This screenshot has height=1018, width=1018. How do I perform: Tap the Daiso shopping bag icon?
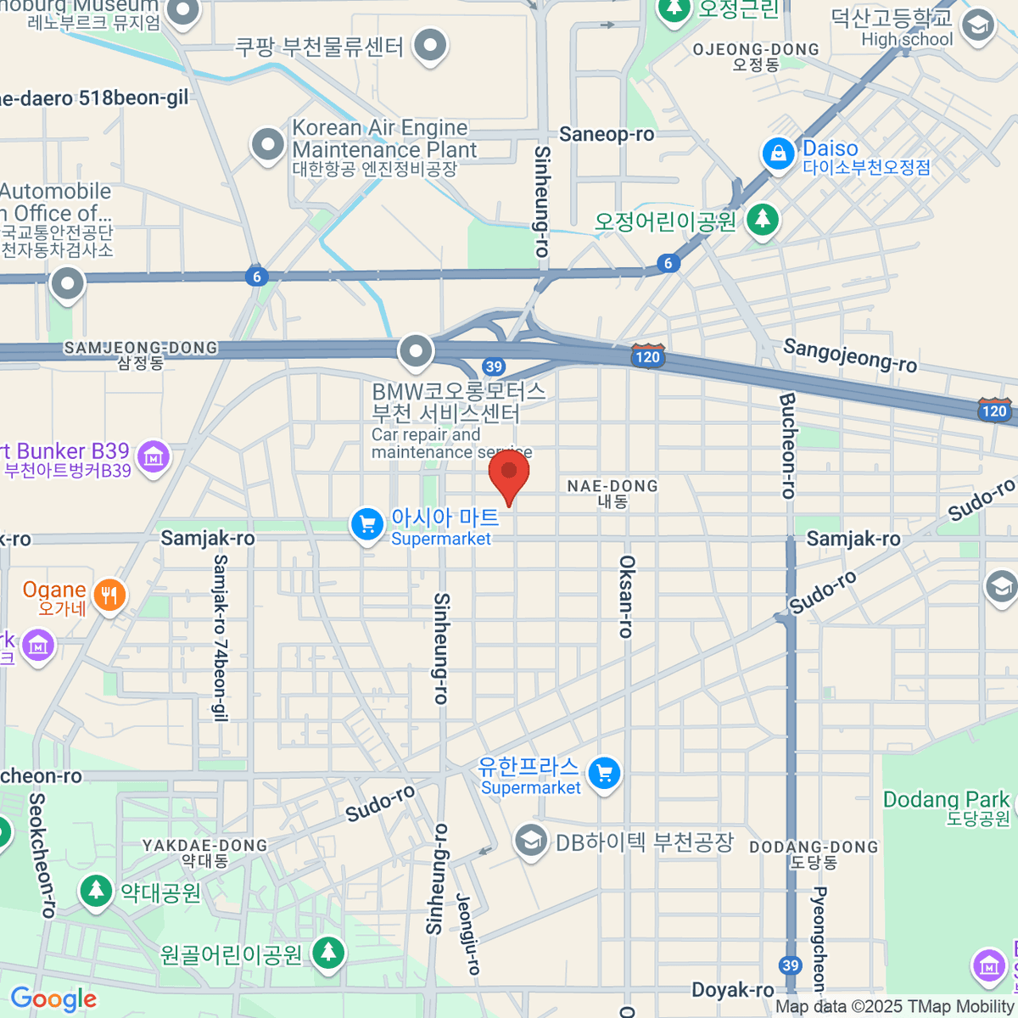(x=777, y=154)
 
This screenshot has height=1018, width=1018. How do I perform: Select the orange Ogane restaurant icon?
(x=109, y=595)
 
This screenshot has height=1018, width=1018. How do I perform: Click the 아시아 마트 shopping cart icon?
(x=366, y=524)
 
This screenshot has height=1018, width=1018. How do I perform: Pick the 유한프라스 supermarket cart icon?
(x=605, y=773)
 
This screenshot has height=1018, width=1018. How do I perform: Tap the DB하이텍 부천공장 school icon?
(x=530, y=842)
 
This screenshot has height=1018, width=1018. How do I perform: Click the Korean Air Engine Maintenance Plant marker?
(x=268, y=144)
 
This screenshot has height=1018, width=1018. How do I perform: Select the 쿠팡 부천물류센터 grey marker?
(x=431, y=44)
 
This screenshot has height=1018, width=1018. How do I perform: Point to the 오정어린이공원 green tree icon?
(x=763, y=220)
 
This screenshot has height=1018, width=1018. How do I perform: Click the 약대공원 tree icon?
(x=96, y=891)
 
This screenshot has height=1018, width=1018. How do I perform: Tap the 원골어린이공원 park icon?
(x=327, y=954)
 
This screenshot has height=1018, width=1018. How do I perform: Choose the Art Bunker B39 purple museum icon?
(x=154, y=457)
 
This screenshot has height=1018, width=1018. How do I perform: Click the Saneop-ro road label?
(x=607, y=134)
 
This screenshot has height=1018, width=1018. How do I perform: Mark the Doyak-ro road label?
(x=732, y=990)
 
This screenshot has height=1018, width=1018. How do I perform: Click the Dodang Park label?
(x=946, y=800)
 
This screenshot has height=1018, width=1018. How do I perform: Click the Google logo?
(x=53, y=999)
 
